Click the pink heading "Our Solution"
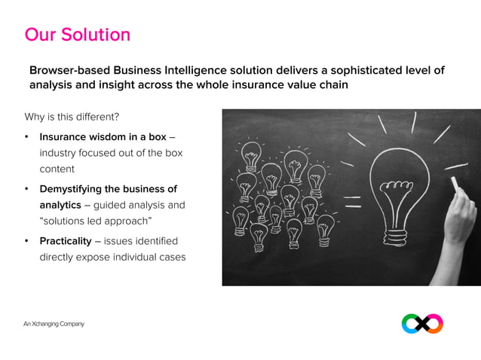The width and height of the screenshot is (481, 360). pyautogui.click(x=77, y=35)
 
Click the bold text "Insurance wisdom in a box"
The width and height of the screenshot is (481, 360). pyautogui.click(x=103, y=137)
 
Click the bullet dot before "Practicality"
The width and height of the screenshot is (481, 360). pyautogui.click(x=27, y=241)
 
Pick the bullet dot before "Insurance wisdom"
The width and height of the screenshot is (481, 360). pyautogui.click(x=27, y=137)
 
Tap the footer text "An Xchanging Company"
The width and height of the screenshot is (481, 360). pyautogui.click(x=54, y=324)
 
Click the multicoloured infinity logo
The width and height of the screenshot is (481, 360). pyautogui.click(x=422, y=324)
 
